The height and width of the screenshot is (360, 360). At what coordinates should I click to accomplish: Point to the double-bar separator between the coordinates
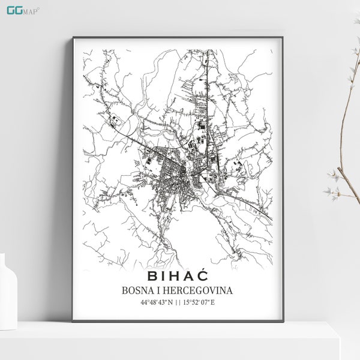[x=178, y=302]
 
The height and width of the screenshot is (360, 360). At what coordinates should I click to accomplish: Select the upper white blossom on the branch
[x=334, y=175]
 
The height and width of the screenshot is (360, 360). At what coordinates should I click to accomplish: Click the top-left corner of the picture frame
[x=74, y=38]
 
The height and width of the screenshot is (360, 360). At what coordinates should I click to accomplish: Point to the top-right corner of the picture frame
[x=281, y=38]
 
